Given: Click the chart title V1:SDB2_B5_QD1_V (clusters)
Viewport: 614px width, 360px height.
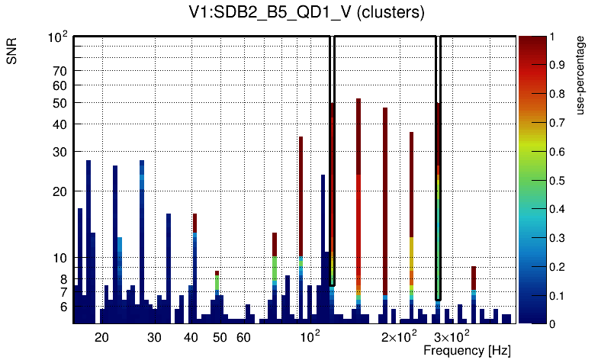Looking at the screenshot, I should (x=306, y=13).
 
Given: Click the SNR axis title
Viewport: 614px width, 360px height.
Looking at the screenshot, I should (x=13, y=58).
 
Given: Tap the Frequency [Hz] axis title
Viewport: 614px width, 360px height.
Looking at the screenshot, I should (x=467, y=351).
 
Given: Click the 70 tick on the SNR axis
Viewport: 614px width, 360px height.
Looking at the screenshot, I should (x=60, y=71).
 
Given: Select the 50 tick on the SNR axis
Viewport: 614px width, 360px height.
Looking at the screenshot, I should (x=60, y=102).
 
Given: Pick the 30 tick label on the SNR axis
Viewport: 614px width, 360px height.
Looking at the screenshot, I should (x=60, y=152).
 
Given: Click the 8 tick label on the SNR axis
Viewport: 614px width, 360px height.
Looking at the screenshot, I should (x=64, y=279).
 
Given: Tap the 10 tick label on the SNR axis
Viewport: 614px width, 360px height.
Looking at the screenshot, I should (x=60, y=258).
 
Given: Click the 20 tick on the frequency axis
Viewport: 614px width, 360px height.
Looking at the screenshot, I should (x=101, y=336).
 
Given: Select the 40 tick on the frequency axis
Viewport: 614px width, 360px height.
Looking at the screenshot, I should (x=191, y=336).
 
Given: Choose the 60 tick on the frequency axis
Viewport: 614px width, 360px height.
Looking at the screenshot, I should (x=243, y=336).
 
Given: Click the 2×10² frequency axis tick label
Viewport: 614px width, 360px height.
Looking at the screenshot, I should (x=399, y=336).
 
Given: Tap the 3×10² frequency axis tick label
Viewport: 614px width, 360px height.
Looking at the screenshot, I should (x=452, y=336).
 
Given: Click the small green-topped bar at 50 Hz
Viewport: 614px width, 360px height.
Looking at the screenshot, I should (x=217, y=282).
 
